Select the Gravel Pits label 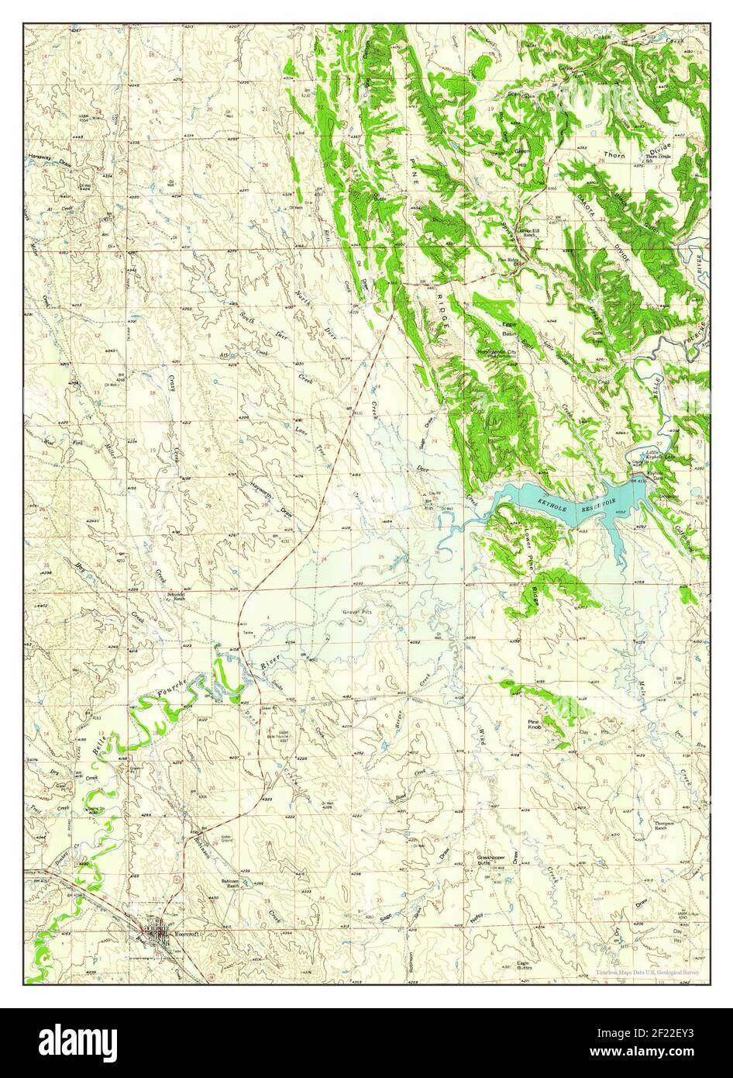pyautogui.click(x=358, y=612)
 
